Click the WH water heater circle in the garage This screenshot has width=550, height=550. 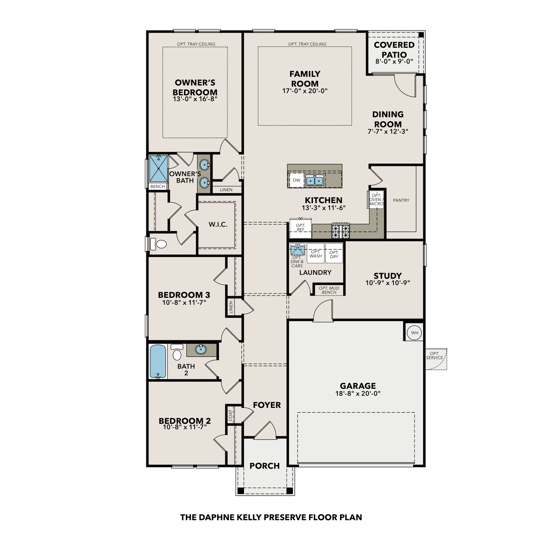tap(414, 333)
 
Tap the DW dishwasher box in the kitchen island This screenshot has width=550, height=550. tap(296, 180)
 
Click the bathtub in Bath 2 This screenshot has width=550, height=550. tap(158, 362)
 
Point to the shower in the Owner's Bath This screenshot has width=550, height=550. tap(158, 169)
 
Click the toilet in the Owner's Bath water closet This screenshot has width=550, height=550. tap(159, 244)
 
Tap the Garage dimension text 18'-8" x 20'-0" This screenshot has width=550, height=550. tap(358, 393)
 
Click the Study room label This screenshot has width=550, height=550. tap(388, 276)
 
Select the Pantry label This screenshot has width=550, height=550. tap(401, 200)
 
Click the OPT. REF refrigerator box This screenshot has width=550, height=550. tap(301, 228)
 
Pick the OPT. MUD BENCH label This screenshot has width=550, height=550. tap(329, 290)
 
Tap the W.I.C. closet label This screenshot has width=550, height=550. tap(218, 224)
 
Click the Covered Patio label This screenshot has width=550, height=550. tap(394, 49)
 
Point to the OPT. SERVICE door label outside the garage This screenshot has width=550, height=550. tap(435, 356)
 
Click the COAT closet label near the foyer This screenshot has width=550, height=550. tap(231, 415)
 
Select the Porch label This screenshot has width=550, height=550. tap(264, 466)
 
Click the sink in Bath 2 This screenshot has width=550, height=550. tap(201, 350)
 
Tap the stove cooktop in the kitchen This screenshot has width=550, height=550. tap(341, 231)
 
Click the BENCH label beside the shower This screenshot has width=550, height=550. tap(158, 187)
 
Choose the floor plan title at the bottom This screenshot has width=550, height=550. tap(271, 517)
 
